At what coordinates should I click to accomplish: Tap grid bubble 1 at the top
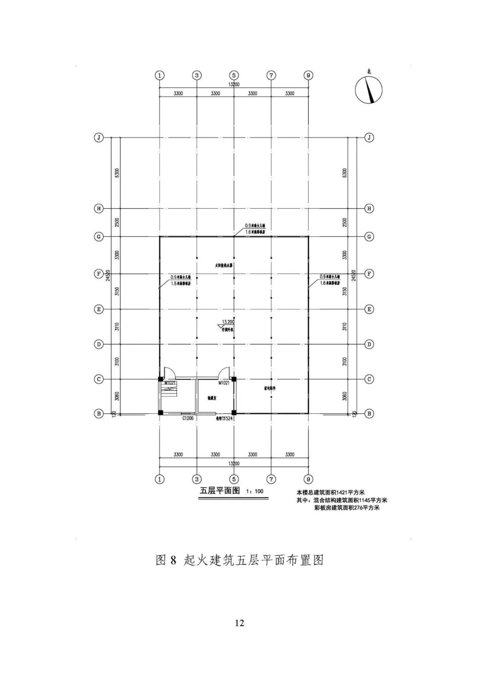click(160, 75)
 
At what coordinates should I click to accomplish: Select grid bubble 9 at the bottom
click(309, 479)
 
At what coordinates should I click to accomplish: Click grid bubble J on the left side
click(98, 137)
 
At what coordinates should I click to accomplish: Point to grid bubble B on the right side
click(369, 414)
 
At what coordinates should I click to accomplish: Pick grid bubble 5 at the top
click(234, 75)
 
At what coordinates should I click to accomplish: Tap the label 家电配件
click(268, 388)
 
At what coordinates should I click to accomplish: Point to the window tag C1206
click(188, 418)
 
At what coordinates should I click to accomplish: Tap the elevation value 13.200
click(228, 321)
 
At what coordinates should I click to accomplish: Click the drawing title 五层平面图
click(220, 491)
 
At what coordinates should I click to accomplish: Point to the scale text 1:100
click(255, 491)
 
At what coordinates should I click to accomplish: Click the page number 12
click(239, 623)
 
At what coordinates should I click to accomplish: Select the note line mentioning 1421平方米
click(330, 492)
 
